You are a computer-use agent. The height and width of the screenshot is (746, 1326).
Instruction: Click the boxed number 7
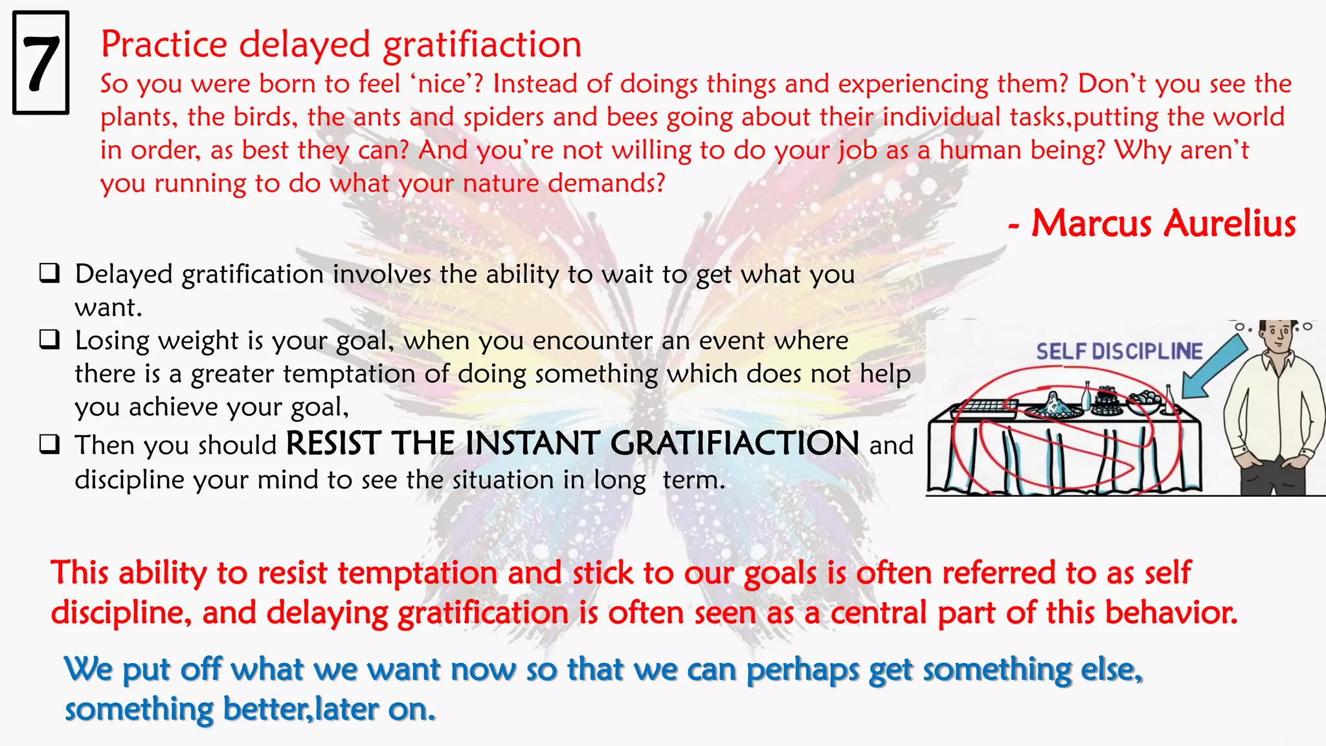pyautogui.click(x=41, y=63)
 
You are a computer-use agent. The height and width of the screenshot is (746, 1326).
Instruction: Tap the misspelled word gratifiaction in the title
pyautogui.click(x=482, y=45)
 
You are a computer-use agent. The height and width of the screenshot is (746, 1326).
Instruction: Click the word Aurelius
pyautogui.click(x=1230, y=223)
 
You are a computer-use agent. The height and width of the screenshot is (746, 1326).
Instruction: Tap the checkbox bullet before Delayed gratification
pyautogui.click(x=49, y=273)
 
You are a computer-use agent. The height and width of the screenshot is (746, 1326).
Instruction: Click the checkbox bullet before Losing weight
pyautogui.click(x=49, y=339)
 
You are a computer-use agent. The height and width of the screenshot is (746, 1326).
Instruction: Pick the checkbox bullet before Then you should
pyautogui.click(x=49, y=444)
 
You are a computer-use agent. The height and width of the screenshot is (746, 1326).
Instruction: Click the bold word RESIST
pyautogui.click(x=333, y=444)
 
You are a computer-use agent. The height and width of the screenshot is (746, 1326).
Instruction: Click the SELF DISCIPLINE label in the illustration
pyautogui.click(x=1119, y=352)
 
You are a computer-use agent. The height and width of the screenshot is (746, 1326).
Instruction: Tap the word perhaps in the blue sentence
pyautogui.click(x=803, y=670)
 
